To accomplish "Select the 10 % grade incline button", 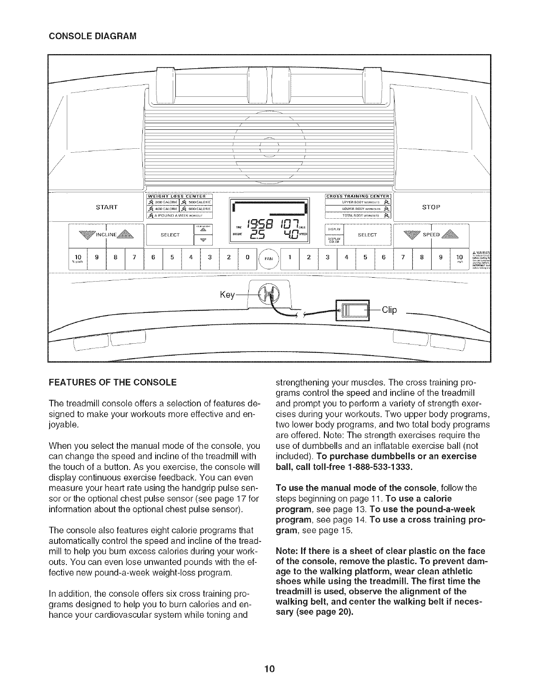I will coord(78,259).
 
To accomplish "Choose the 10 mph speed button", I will coord(461,259).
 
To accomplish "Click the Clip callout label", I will coord(389,310).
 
